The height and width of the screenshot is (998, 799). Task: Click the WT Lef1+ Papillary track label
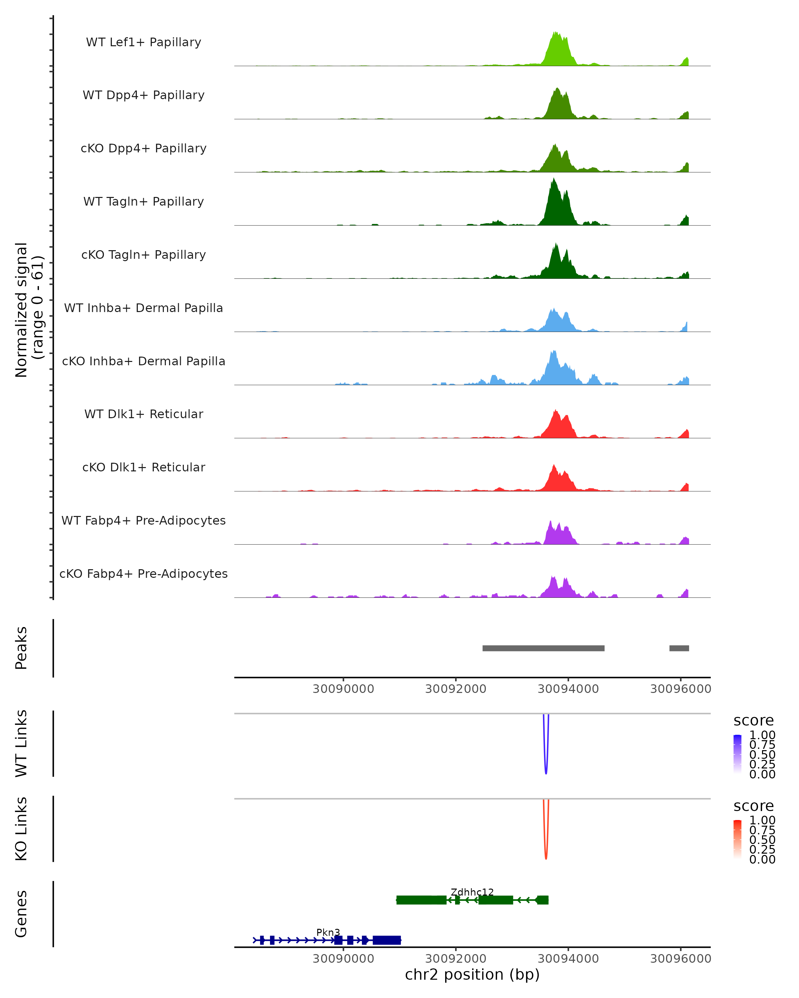click(x=143, y=42)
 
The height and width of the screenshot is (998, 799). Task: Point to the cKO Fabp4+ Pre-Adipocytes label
click(x=143, y=574)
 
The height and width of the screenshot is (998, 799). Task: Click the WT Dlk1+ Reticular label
click(x=143, y=414)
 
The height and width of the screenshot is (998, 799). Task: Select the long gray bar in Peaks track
click(x=543, y=648)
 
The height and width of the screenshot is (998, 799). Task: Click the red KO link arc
click(x=546, y=857)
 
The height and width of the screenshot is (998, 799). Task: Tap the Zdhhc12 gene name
click(x=472, y=892)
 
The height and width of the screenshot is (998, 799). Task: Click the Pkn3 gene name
click(x=328, y=932)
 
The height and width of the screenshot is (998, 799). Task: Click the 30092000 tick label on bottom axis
click(x=455, y=959)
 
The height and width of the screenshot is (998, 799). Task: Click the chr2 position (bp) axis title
click(x=472, y=974)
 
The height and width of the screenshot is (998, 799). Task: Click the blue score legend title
click(x=753, y=721)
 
